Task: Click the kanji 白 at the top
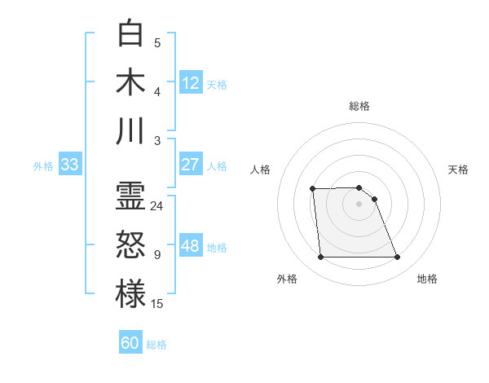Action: tap(130, 33)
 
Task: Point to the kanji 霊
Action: tap(130, 196)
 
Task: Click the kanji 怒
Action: tap(130, 244)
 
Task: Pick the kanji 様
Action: tap(130, 293)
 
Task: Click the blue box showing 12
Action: tap(191, 83)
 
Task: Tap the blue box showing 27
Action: tap(191, 165)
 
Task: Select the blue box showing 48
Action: tap(191, 246)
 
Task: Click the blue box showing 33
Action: tap(69, 165)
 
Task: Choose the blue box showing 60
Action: tap(130, 343)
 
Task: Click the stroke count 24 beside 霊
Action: tap(157, 206)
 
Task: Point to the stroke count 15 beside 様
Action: tap(157, 304)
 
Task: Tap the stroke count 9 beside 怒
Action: tap(157, 255)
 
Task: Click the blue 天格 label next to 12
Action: tap(217, 85)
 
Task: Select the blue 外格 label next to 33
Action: tap(43, 166)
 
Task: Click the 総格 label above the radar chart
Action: tap(359, 106)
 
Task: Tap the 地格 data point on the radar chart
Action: tap(397, 258)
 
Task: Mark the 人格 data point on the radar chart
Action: tap(312, 189)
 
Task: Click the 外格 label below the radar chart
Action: tap(287, 279)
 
